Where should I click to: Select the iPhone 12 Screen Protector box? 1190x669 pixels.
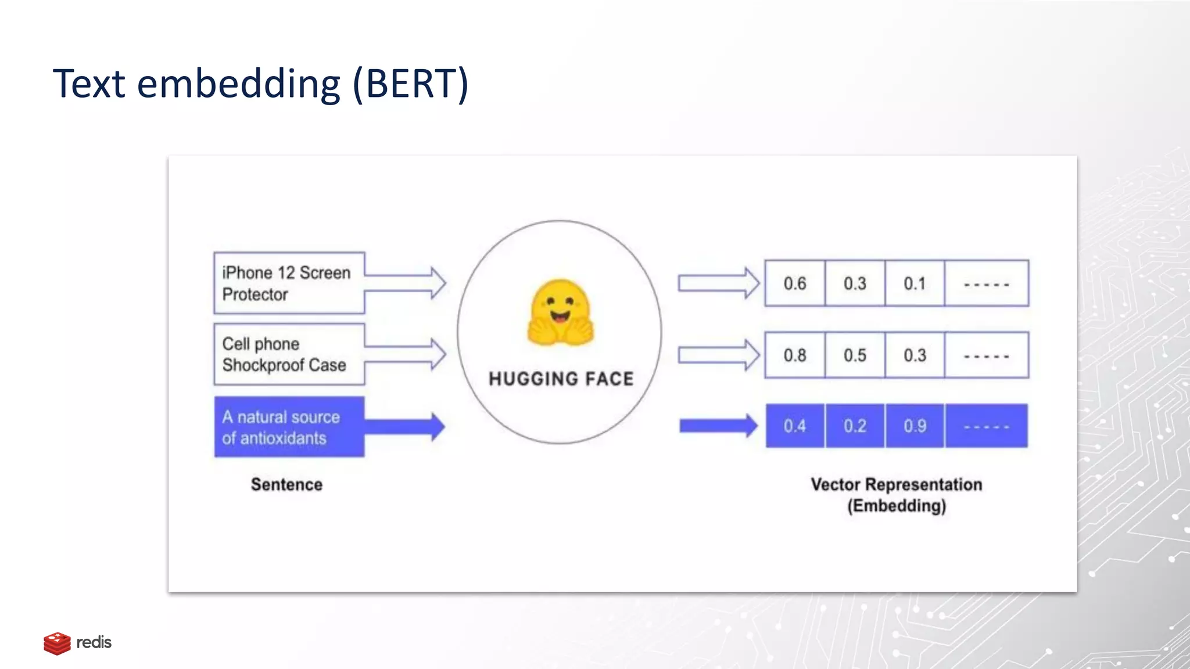289,283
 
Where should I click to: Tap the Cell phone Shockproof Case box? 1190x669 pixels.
289,354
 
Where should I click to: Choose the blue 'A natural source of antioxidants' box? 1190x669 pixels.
289,427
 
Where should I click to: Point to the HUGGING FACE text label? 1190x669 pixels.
561,379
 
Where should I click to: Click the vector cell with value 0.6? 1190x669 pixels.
794,283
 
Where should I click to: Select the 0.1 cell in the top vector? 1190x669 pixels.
914,283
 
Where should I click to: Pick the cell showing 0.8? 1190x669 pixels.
794,355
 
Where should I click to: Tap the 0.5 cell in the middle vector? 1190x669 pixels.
855,355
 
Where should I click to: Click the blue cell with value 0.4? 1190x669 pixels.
794,426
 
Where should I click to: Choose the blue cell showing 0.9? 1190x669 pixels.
915,426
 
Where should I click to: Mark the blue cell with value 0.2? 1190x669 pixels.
855,426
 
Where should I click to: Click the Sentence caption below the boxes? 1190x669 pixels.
286,484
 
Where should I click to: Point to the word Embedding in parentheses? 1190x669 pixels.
897,506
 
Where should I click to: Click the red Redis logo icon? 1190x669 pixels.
57,643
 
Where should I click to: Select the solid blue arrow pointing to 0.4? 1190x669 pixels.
718,426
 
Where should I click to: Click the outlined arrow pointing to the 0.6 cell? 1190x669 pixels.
718,283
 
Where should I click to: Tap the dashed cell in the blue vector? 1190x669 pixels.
986,426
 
